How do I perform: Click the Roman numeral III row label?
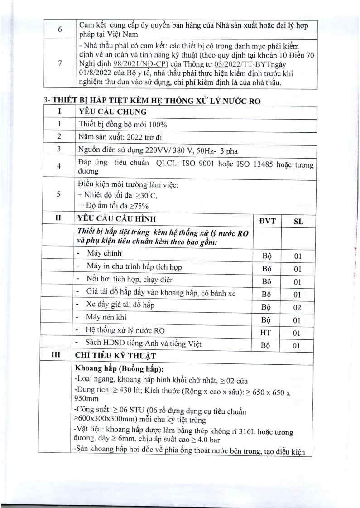(x=58, y=355)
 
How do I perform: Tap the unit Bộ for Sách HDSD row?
(x=267, y=345)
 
